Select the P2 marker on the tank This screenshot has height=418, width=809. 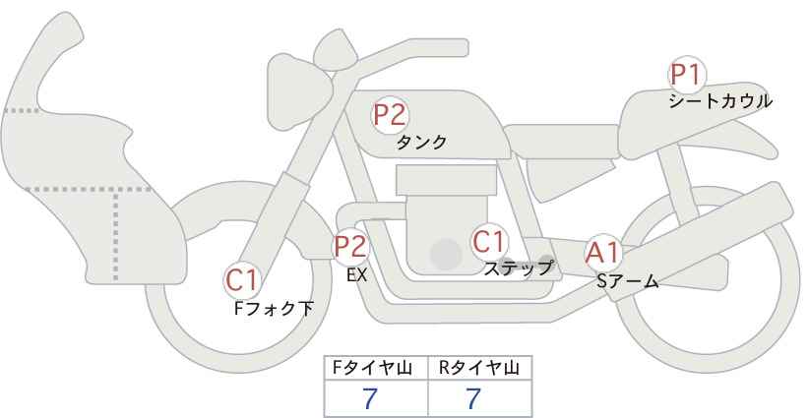pyautogui.click(x=390, y=115)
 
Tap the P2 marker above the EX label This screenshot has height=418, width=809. pyautogui.click(x=351, y=246)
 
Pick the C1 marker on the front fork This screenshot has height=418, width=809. pyautogui.click(x=242, y=280)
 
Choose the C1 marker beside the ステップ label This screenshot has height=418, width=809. pyautogui.click(x=488, y=241)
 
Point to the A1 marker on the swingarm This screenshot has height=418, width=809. pyautogui.click(x=602, y=254)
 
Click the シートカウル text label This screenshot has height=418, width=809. pyautogui.click(x=720, y=101)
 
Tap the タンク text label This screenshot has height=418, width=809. pyautogui.click(x=421, y=142)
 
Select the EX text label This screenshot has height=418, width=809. pyautogui.click(x=356, y=275)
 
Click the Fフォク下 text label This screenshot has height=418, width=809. pyautogui.click(x=274, y=309)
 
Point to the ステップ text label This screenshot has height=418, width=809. pyautogui.click(x=518, y=269)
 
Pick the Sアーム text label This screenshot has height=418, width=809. pyautogui.click(x=628, y=281)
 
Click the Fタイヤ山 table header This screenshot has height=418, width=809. pyautogui.click(x=372, y=368)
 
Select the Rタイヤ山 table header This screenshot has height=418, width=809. pyautogui.click(x=479, y=368)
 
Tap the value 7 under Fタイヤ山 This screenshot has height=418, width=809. pyautogui.click(x=370, y=398)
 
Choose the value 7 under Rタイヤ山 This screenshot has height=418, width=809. pyautogui.click(x=472, y=398)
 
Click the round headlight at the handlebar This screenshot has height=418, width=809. pyautogui.click(x=335, y=50)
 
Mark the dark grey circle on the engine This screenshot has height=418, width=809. pyautogui.click(x=446, y=254)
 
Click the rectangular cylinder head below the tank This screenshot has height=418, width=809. pyautogui.click(x=446, y=180)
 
